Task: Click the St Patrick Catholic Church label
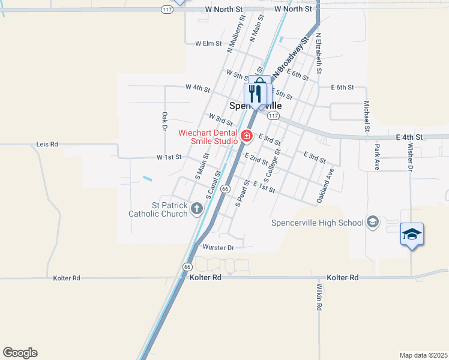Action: point(158,209)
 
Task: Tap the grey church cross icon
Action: point(197,208)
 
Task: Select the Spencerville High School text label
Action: point(318,223)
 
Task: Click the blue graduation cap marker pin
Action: point(412,234)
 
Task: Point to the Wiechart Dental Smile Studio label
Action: point(208,137)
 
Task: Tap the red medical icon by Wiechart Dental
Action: point(246,137)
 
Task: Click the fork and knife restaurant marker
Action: point(255,94)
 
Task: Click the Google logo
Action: point(20,353)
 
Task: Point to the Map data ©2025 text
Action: point(423,355)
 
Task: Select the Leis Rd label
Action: point(47,144)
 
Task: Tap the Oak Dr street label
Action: point(164,121)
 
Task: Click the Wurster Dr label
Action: point(218,247)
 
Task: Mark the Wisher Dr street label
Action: point(411,157)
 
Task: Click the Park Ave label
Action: point(377,157)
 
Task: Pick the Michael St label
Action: point(366,116)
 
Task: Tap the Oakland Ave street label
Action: point(325,185)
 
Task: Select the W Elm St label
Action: point(209,43)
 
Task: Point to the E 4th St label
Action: point(409,137)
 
